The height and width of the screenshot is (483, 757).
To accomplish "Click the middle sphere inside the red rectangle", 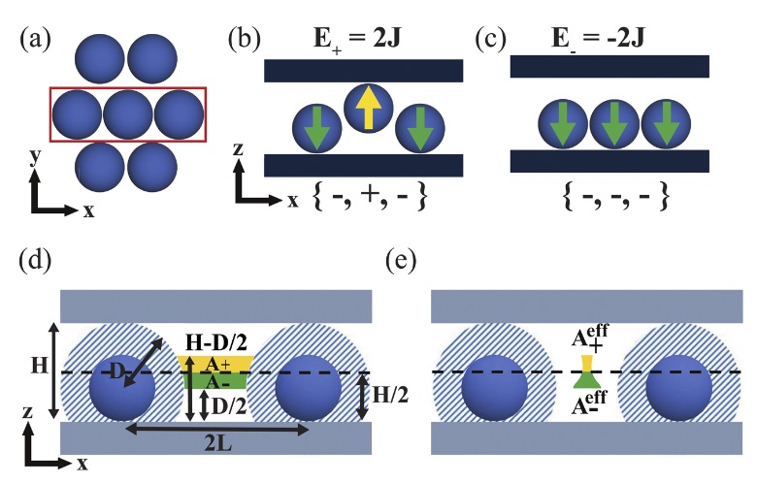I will [x=128, y=114].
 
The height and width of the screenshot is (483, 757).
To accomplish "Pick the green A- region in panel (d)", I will [x=214, y=381].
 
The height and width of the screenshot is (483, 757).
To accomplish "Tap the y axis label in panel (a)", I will [x=35, y=154].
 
